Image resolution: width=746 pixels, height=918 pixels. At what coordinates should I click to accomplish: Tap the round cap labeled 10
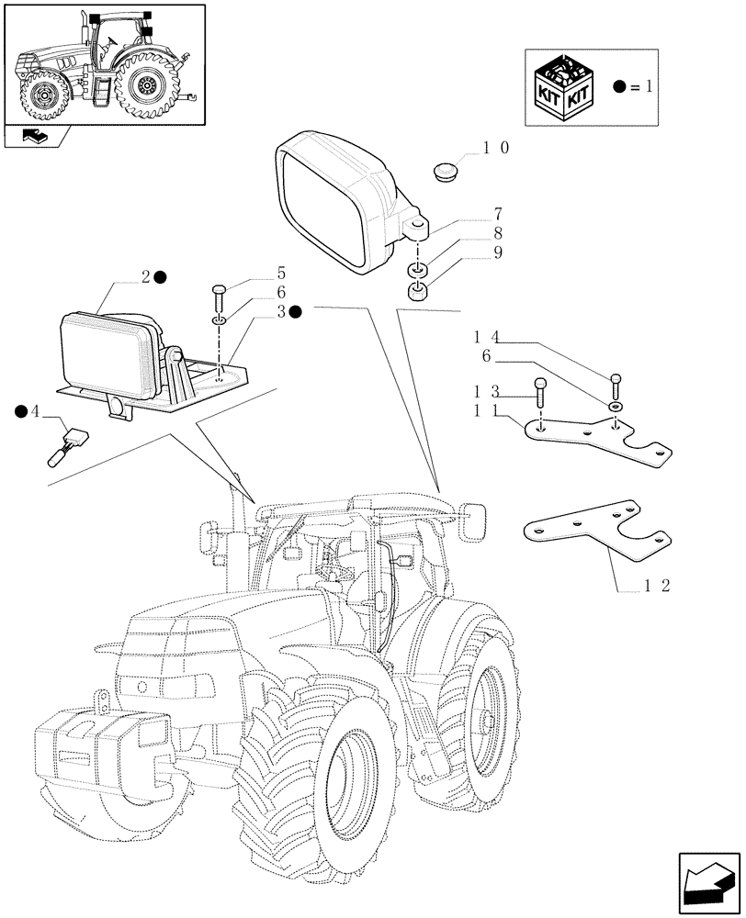coord(446,171)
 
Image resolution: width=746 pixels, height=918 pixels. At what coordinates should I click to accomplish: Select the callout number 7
coord(497,214)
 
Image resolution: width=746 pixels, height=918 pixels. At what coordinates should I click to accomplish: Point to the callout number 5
coord(281,273)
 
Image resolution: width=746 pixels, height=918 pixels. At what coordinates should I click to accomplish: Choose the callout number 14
coord(488,337)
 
